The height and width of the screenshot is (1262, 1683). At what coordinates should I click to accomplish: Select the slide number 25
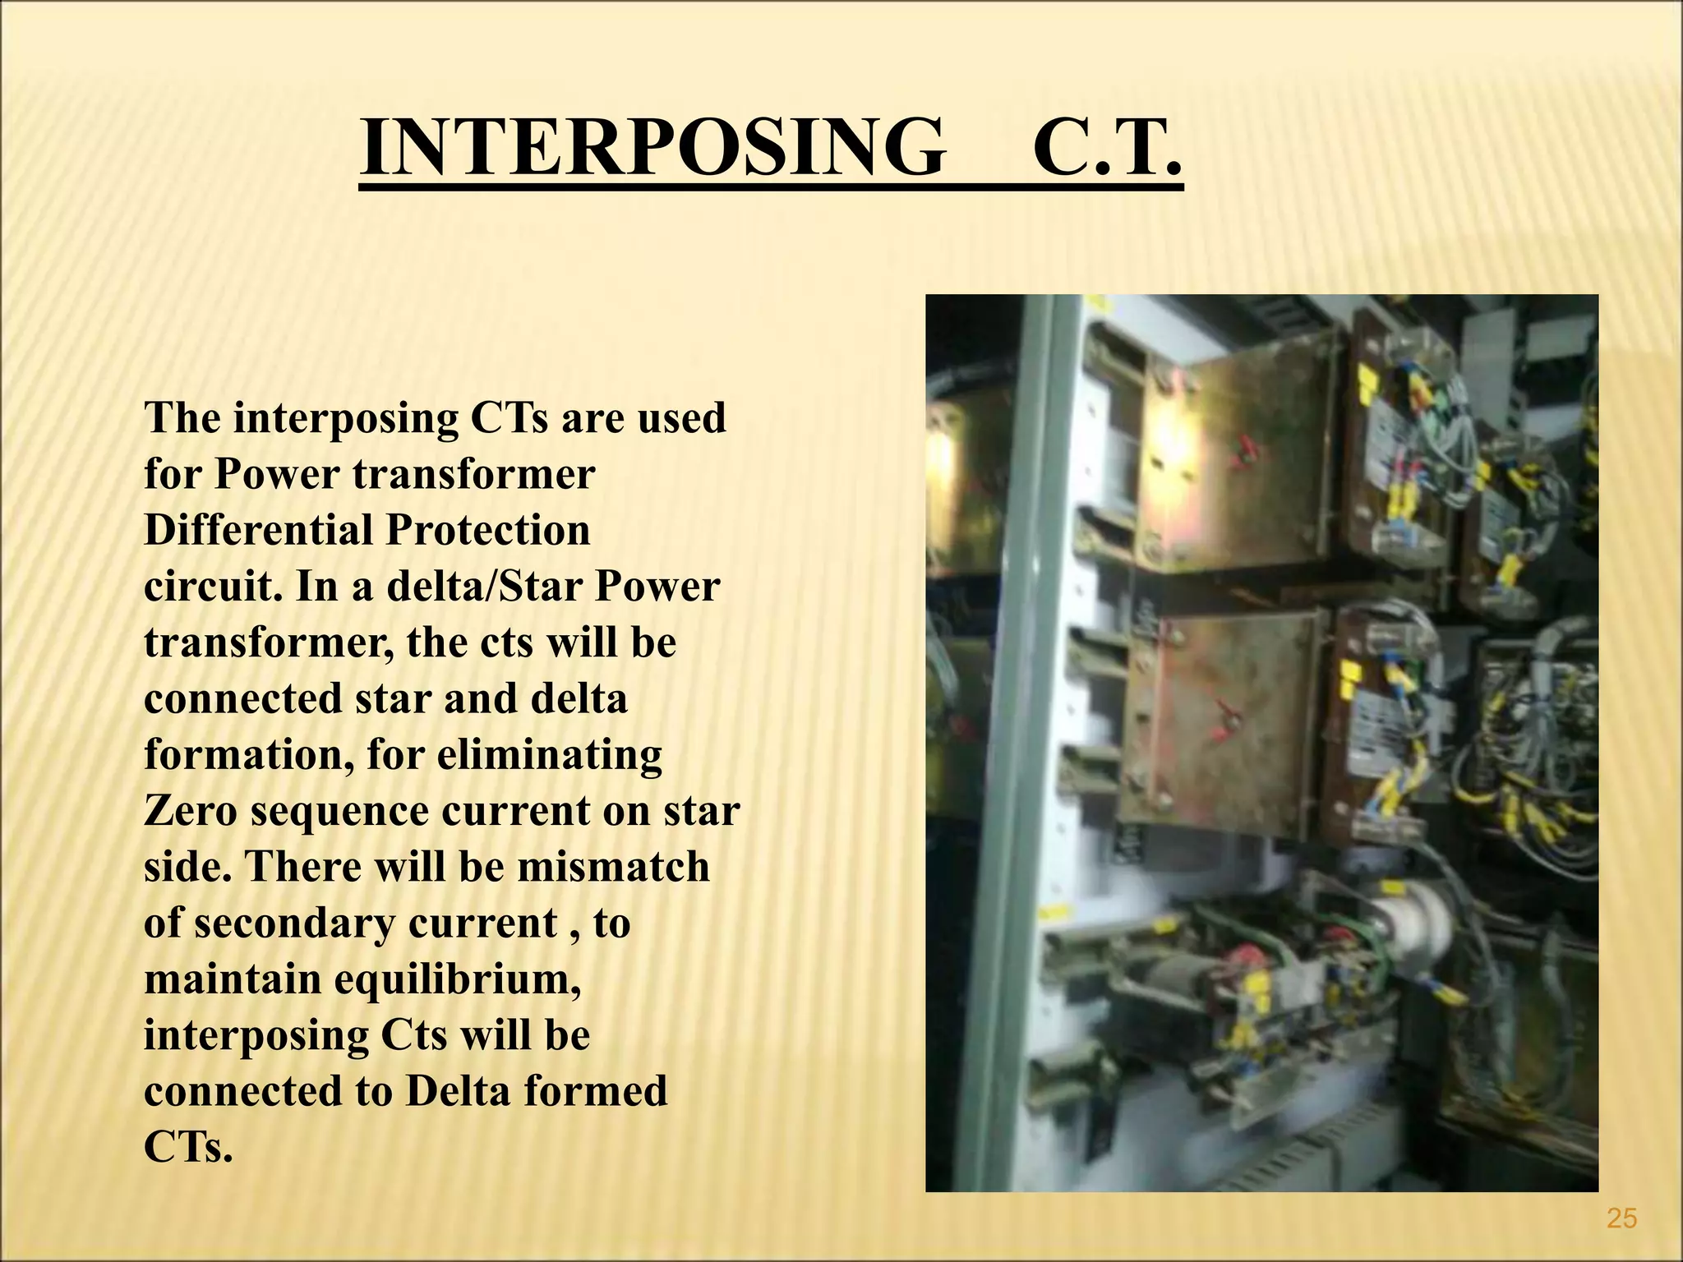[x=1621, y=1218]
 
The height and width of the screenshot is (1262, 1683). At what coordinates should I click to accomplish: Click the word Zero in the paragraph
[x=190, y=811]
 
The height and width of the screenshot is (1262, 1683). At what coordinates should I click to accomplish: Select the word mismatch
[x=613, y=867]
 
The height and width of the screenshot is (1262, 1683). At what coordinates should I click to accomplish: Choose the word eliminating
[x=549, y=755]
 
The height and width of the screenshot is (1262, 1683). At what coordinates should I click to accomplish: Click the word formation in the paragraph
[x=248, y=755]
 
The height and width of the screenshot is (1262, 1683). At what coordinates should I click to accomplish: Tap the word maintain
[x=232, y=979]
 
